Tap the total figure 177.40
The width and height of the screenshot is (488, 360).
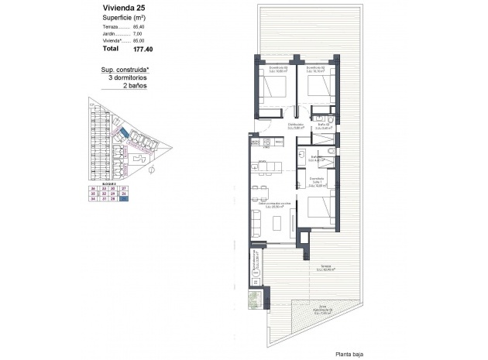pos(143,49)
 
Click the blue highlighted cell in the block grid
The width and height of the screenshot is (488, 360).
pos(124,199)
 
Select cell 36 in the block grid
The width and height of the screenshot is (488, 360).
pos(93,188)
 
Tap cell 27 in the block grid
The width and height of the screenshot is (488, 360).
pos(124,188)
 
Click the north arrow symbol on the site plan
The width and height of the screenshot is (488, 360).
pos(152,167)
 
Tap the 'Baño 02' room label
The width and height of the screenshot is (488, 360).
pos(324,124)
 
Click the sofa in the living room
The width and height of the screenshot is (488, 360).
pos(283,223)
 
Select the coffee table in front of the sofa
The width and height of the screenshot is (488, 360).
pos(268,223)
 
